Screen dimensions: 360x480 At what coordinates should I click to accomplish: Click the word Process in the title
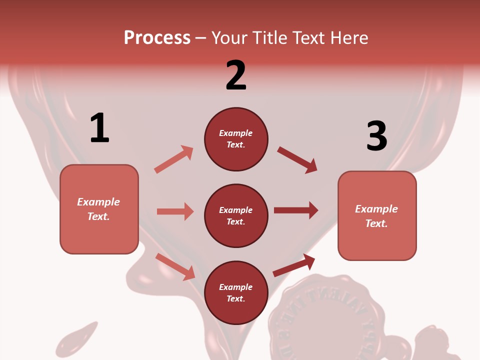click(157, 38)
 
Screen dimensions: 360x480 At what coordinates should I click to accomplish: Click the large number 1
click(99, 128)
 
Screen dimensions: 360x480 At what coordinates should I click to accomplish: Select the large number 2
click(236, 75)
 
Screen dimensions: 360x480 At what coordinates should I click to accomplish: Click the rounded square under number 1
click(99, 209)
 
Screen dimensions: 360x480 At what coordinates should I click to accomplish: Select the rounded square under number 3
click(377, 215)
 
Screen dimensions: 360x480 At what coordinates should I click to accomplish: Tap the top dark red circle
click(236, 139)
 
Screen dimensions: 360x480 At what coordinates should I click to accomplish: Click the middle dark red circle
click(236, 215)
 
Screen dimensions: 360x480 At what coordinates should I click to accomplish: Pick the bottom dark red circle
click(236, 292)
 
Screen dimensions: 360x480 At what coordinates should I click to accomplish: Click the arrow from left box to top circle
click(174, 159)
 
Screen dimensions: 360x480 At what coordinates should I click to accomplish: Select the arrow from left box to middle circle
click(175, 211)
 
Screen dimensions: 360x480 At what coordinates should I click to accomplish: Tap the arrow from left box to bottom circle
click(175, 266)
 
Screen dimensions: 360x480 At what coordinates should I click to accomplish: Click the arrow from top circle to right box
click(297, 160)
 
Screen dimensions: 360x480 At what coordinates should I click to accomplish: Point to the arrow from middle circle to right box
click(296, 210)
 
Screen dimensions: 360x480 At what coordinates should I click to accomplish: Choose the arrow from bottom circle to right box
click(294, 265)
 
